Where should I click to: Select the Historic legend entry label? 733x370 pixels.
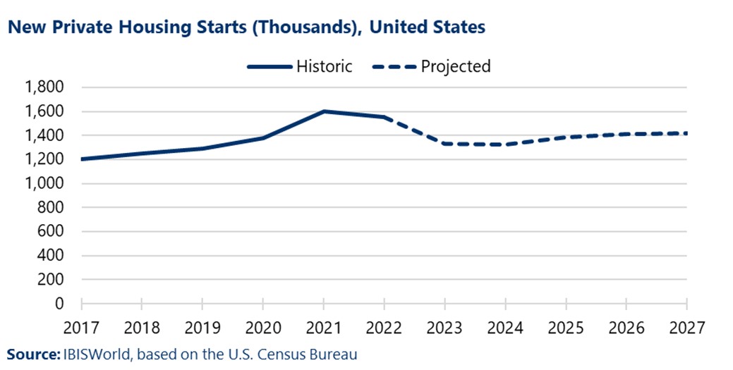click(x=324, y=66)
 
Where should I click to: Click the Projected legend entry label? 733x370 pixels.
click(x=455, y=66)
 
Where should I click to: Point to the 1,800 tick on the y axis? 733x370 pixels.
click(x=44, y=87)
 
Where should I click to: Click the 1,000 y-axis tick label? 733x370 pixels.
click(x=44, y=183)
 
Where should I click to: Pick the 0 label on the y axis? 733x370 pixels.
click(x=59, y=303)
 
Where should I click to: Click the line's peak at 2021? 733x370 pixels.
click(x=324, y=111)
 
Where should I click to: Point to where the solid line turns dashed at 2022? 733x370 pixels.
click(x=384, y=117)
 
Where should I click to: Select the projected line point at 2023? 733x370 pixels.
click(x=444, y=144)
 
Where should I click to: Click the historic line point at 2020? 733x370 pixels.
click(x=263, y=137)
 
